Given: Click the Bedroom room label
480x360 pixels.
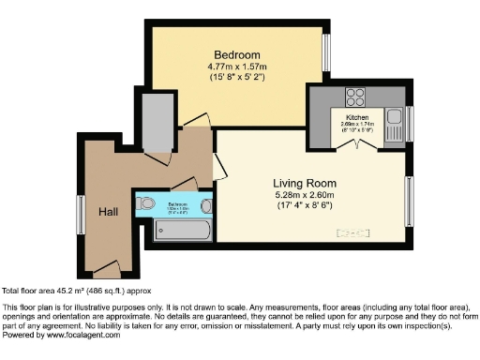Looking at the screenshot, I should (x=236, y=54).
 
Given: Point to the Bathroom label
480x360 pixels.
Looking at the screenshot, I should (x=178, y=203).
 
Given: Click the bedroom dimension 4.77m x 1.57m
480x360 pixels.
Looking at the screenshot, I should (x=236, y=67).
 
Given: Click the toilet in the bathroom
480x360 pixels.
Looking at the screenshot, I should (x=145, y=204).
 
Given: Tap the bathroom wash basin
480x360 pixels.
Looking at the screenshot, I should (x=208, y=204).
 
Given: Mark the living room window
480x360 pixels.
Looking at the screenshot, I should (x=409, y=199).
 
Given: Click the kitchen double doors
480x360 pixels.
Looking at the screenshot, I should (x=353, y=144).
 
